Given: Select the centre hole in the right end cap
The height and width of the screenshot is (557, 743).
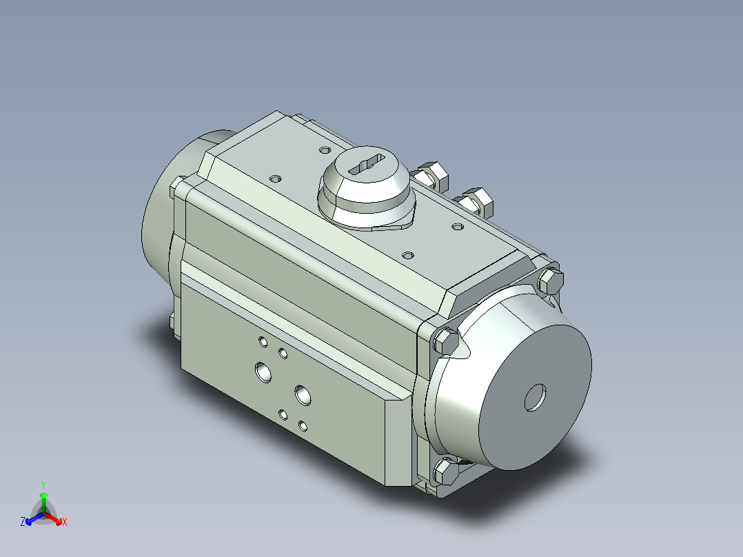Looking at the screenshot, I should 535,397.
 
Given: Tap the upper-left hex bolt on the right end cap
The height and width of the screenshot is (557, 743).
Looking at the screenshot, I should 445,340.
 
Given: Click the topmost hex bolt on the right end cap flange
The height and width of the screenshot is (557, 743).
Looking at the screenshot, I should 551,279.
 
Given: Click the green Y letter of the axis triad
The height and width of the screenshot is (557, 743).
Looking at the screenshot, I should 43,484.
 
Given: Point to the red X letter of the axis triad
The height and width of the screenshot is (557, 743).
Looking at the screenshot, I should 64,523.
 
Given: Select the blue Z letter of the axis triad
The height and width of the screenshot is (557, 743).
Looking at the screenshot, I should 23,523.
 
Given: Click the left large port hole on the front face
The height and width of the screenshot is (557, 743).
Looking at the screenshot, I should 263,372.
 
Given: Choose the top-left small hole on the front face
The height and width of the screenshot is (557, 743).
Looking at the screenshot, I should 262,341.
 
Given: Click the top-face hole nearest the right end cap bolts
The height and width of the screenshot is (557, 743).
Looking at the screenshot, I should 457,226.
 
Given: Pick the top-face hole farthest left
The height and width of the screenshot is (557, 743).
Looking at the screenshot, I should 276,179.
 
